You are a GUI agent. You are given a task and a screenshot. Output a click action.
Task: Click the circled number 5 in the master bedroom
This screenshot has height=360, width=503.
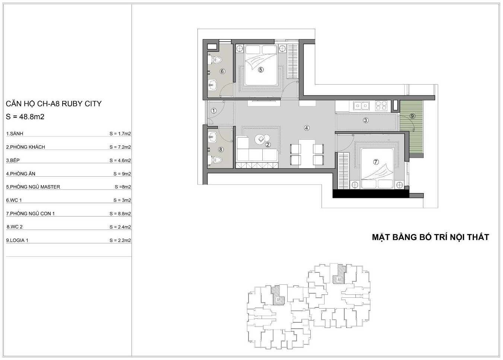coord(260,70)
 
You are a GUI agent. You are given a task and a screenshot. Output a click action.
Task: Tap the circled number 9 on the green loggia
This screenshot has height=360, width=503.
coord(412,116)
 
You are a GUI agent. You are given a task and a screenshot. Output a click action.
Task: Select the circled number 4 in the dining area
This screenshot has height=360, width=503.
coord(307,128)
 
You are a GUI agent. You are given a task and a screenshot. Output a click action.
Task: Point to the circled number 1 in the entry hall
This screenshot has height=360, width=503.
coord(213,110)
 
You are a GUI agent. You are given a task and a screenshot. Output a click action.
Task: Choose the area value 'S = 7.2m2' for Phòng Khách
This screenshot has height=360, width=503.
coord(120,147)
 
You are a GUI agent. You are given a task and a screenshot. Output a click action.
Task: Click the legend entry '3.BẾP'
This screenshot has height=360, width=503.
coord(13,160)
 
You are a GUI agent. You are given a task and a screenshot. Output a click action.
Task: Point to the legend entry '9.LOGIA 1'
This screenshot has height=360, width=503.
coord(17,240)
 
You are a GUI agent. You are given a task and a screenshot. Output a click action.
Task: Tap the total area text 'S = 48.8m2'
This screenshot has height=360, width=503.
coord(25,117)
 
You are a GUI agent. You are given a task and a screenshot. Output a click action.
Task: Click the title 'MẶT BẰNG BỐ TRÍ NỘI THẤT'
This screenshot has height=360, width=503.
coord(430,237)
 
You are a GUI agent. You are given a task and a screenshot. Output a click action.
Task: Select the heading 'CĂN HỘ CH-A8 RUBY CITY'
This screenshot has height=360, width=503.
coord(54,104)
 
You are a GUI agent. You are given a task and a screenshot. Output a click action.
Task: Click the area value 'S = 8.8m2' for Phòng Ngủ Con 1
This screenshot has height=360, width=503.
coord(120,213)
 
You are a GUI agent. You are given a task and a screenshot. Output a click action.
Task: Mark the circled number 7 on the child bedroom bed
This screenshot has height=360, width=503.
coord(376,162)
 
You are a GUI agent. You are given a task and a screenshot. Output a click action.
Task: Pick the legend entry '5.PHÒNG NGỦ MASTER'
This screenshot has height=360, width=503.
coord(33,187)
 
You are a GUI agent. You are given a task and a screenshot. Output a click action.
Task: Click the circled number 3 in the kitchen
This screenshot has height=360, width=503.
coord(366,120)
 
